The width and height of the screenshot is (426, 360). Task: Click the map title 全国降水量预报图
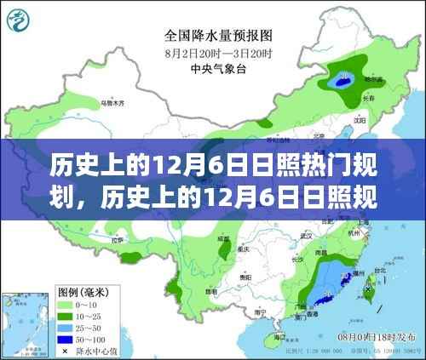pos(212,36)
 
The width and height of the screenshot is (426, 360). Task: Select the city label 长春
pos(367,98)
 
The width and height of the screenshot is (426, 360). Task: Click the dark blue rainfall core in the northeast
pos(343,83)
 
